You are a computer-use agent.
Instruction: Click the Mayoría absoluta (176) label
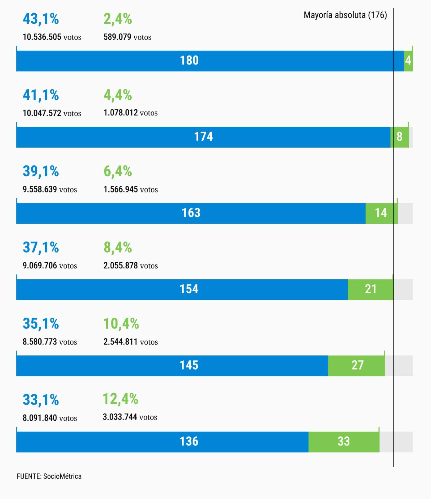point(345,15)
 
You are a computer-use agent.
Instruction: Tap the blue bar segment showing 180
point(210,61)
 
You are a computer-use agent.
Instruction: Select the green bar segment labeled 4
point(408,61)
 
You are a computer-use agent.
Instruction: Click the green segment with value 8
point(399,137)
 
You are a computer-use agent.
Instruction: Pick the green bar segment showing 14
point(381,213)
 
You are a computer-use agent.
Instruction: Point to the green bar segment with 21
point(371,289)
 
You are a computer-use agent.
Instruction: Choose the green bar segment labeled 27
point(356,366)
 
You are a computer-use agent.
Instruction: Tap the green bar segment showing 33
point(344,442)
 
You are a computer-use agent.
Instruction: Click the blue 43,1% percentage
point(41,19)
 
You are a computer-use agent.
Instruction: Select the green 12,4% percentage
point(121,399)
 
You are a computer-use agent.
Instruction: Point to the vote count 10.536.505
point(42,37)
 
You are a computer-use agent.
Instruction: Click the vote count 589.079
point(117,37)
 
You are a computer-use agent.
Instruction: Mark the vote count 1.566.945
point(121,189)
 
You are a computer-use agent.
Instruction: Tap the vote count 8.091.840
point(40,418)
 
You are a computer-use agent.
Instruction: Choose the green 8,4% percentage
point(118,247)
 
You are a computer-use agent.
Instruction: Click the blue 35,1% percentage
point(41,323)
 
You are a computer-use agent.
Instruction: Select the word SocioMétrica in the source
point(62,476)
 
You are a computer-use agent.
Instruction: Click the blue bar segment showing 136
point(162,442)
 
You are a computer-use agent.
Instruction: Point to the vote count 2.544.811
point(121,342)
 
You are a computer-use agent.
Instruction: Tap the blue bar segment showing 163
point(191,213)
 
